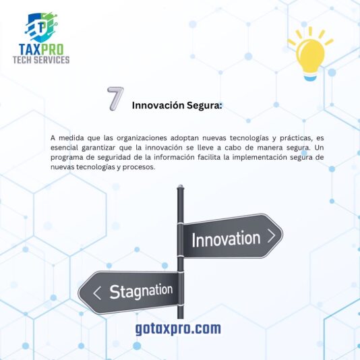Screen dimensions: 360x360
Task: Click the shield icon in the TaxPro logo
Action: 41,27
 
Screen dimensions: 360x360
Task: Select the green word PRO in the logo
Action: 53,49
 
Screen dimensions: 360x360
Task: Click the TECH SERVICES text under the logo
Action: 41,60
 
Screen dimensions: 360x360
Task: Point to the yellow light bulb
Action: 310,54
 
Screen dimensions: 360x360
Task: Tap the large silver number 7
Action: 115,98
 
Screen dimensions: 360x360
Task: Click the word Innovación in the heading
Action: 158,105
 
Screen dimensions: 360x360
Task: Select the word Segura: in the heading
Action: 204,106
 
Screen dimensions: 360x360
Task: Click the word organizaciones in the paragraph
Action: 142,138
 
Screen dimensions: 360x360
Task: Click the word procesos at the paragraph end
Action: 139,167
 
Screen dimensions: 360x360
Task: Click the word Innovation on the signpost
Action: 226,239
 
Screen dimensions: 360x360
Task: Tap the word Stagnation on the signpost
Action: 141,291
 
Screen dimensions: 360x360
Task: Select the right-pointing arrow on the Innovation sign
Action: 272,236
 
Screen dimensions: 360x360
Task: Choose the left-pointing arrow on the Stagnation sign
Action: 97,293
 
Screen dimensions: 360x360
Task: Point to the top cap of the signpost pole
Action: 181,187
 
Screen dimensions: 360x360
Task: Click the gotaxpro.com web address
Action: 178,328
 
